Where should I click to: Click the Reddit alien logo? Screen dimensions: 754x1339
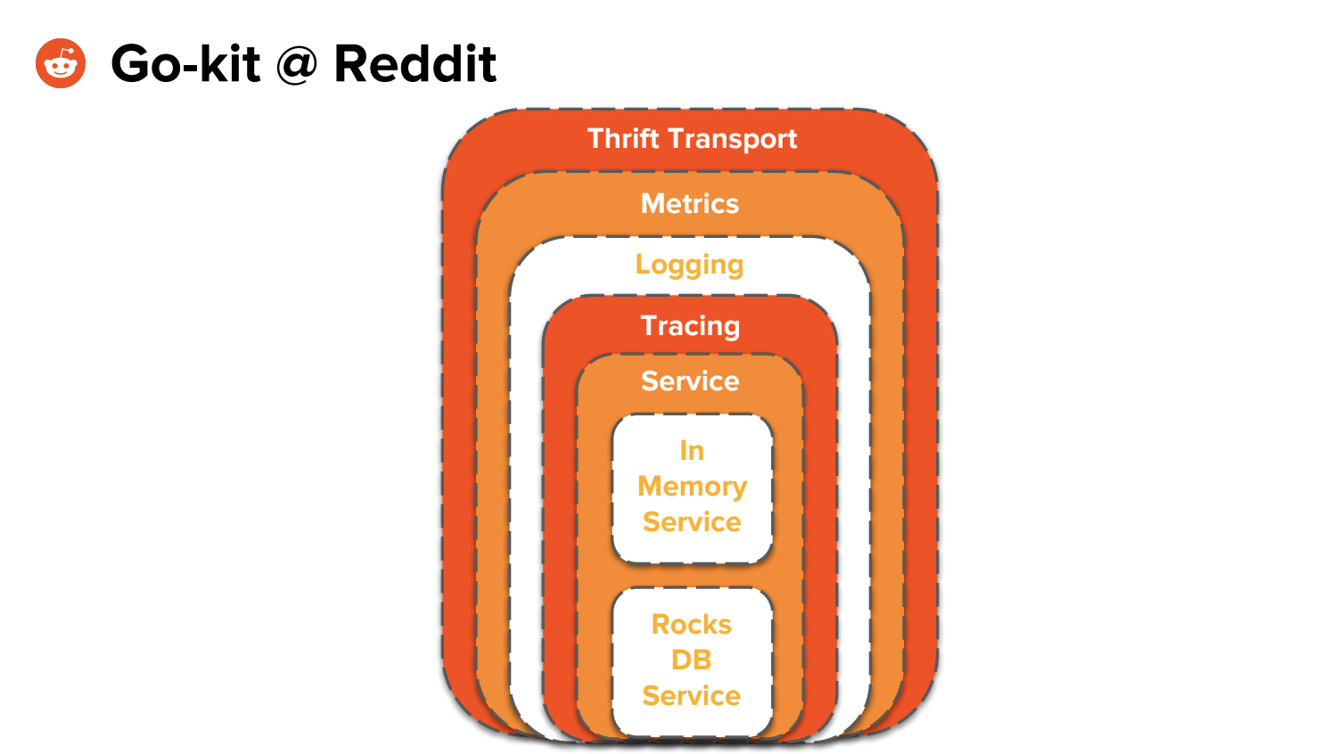tap(61, 63)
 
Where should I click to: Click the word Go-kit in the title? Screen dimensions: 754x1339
tap(185, 64)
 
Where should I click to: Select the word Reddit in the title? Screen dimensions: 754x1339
tap(415, 64)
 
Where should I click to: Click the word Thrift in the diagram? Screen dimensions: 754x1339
tap(622, 138)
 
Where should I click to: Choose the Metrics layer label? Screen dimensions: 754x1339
tap(690, 203)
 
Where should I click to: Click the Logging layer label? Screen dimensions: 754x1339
tap(689, 265)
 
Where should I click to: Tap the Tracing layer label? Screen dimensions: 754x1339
tap(690, 326)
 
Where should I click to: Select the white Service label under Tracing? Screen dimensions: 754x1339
tap(690, 381)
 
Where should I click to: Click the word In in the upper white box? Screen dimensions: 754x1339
tap(692, 451)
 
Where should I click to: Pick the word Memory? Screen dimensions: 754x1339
tap(692, 487)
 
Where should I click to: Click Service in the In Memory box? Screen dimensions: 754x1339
tap(692, 522)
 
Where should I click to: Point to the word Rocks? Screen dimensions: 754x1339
tap(692, 625)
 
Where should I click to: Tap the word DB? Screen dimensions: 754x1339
tap(692, 660)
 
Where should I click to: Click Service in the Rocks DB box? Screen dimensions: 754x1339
tap(692, 696)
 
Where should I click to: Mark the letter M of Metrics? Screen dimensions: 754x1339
tap(652, 203)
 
